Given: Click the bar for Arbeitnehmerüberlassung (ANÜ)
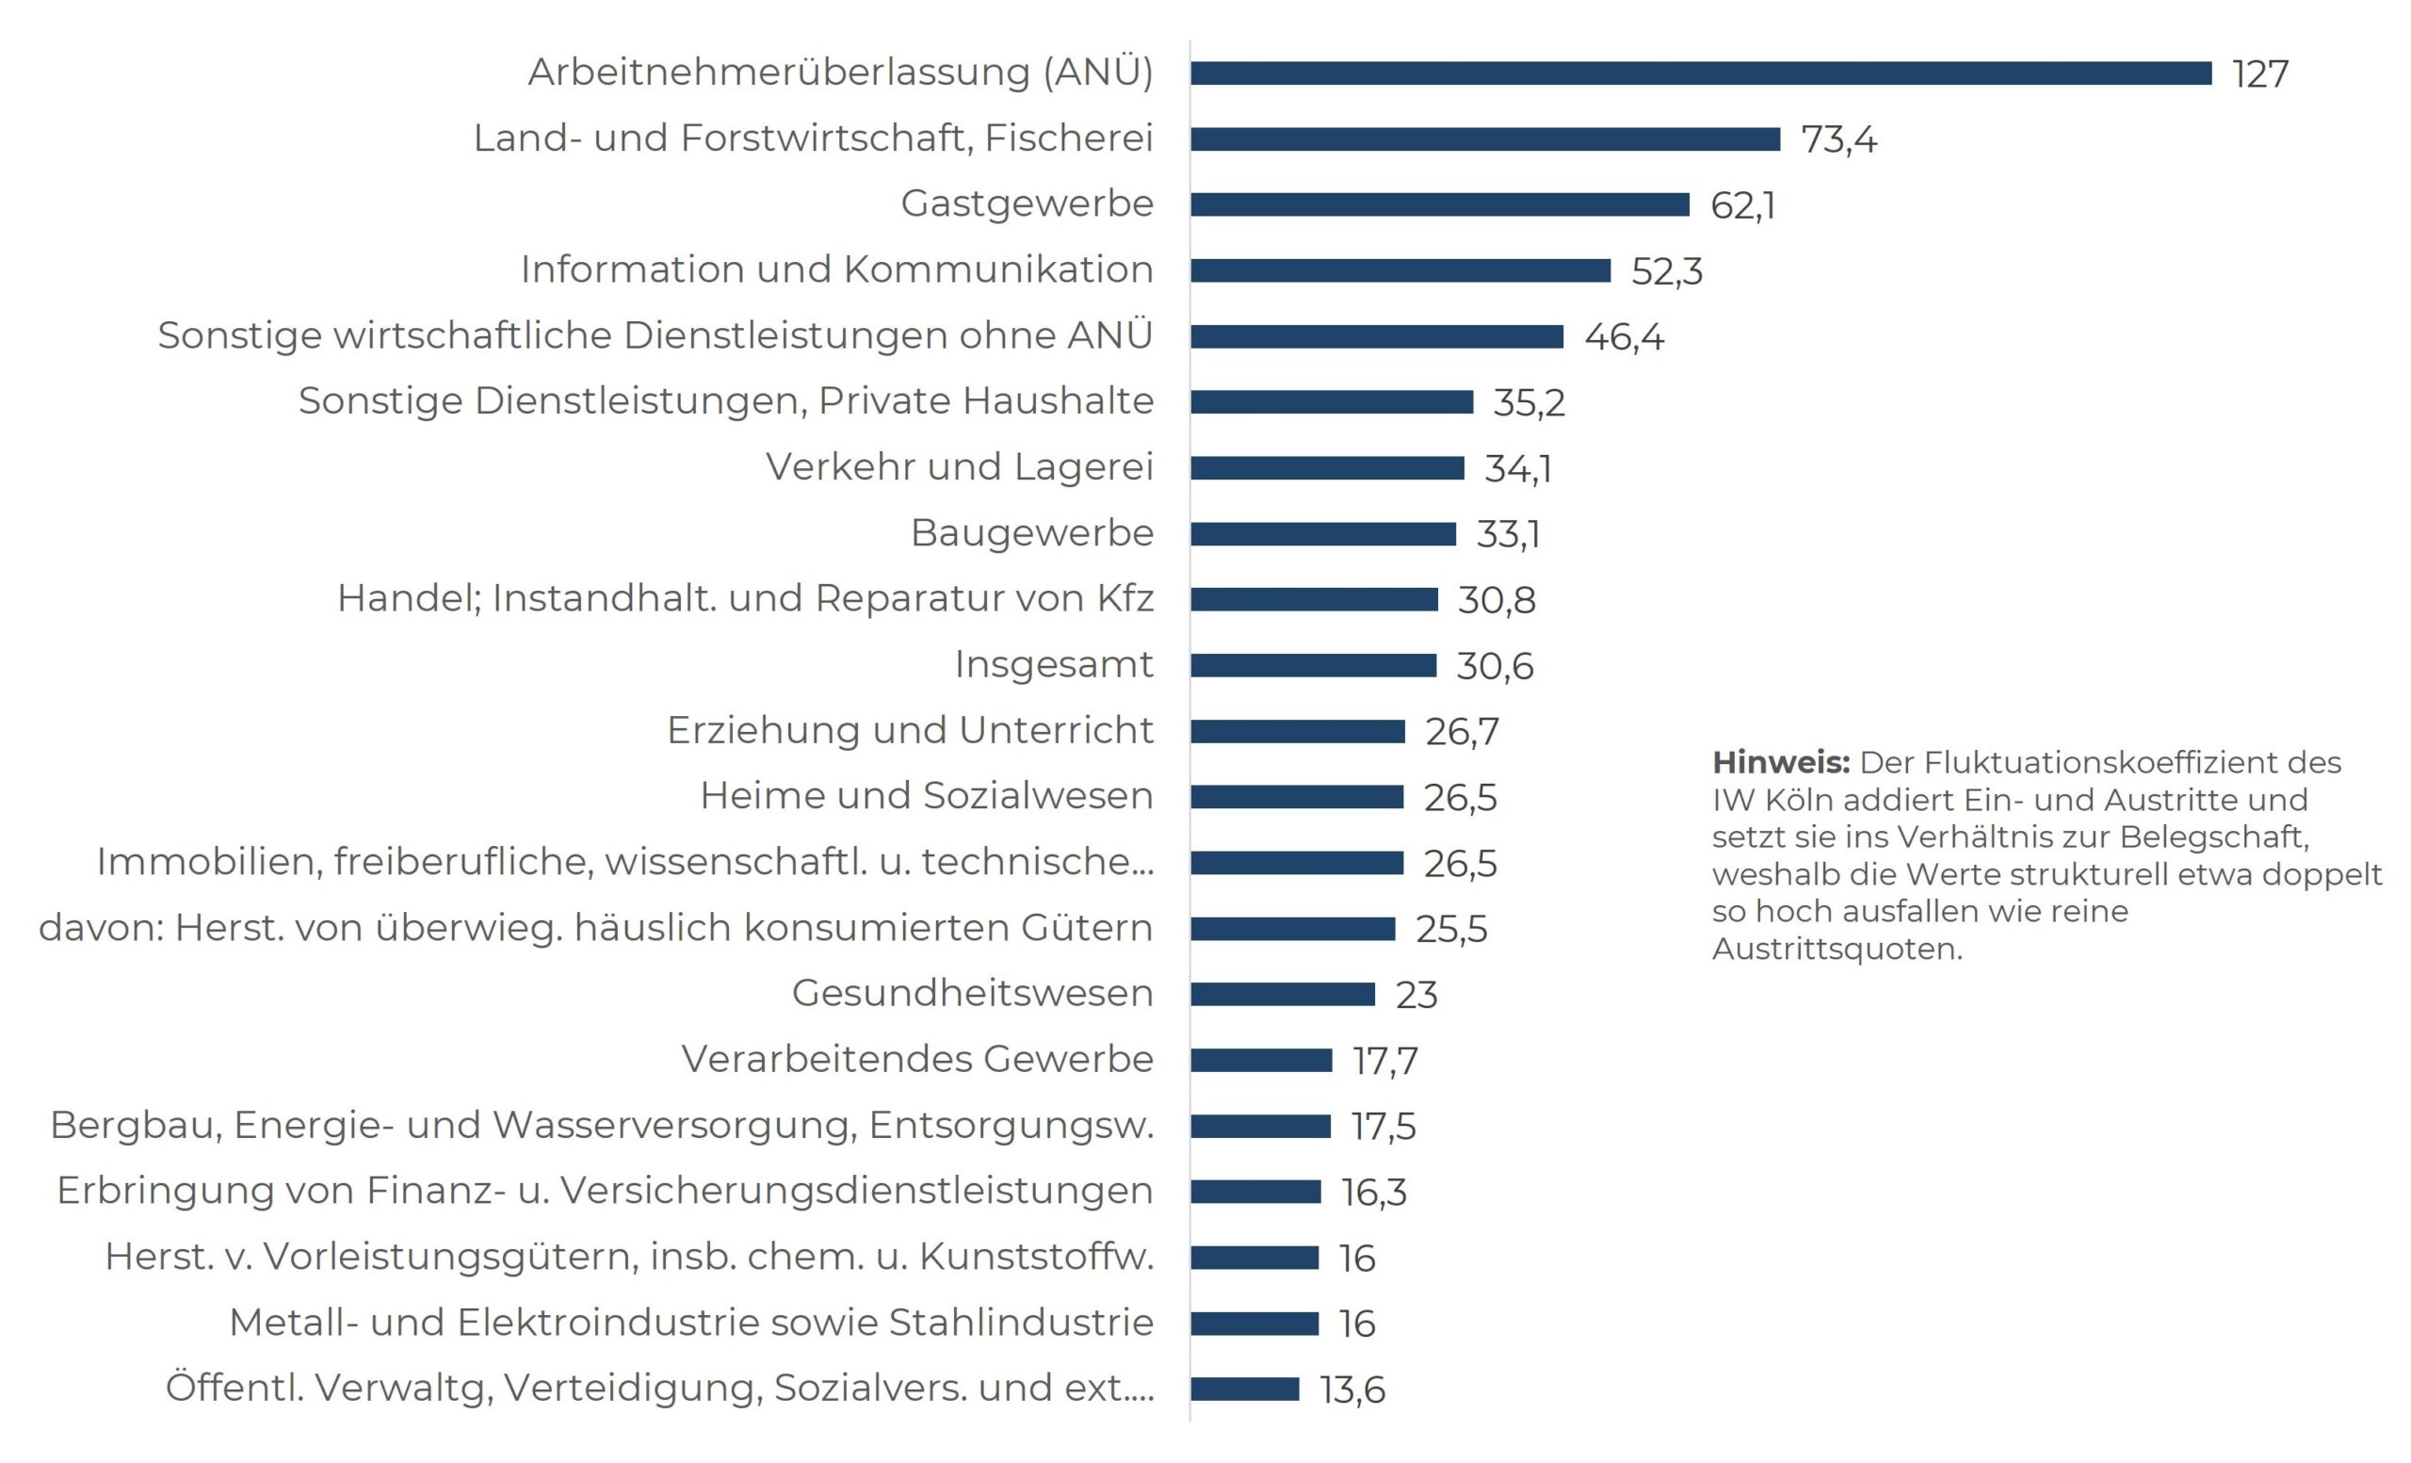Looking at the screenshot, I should click(1701, 73).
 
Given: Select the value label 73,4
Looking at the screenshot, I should click(1838, 140).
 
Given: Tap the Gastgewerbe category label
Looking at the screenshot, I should click(1027, 203).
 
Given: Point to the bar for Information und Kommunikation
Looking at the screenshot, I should click(1400, 270).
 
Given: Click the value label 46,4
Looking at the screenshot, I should click(1624, 336).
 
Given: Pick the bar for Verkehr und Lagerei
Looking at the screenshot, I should click(1327, 468).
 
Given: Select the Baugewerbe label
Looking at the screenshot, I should click(1031, 533).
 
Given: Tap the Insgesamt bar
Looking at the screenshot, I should click(1313, 665).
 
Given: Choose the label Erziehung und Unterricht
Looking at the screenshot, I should click(910, 730).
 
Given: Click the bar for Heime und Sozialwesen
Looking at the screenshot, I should click(1297, 797).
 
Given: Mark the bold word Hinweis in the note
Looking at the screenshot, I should click(1781, 762).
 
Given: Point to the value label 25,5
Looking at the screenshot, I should click(1451, 929).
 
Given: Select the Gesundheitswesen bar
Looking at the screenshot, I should click(1282, 994).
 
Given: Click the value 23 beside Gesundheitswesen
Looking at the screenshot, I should click(1416, 995).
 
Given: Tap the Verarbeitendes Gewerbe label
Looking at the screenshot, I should click(917, 1059).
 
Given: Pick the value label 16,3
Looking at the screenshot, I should click(1374, 1192).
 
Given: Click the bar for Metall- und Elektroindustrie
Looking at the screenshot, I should click(1254, 1323).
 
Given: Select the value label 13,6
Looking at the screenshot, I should click(1352, 1390).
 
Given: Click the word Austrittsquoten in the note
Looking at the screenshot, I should click(1837, 949).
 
